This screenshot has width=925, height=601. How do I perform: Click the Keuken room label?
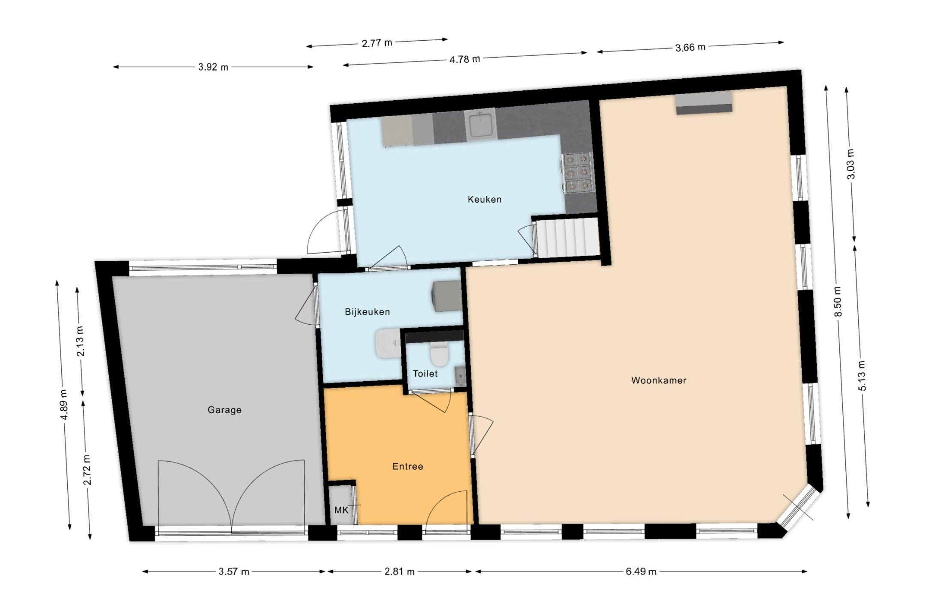484,199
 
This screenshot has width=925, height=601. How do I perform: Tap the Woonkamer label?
659,380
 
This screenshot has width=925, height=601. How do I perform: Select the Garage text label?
224,410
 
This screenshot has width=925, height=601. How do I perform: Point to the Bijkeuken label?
367,312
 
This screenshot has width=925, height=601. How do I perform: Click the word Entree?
408,466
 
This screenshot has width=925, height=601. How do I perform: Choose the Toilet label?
425,374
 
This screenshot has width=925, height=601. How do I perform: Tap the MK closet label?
341,510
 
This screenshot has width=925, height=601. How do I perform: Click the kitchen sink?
480,124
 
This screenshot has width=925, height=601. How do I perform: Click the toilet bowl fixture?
439,353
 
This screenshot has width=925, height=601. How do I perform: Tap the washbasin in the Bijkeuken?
388,344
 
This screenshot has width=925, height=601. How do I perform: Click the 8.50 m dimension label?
838,302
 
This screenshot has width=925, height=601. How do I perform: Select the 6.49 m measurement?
641,571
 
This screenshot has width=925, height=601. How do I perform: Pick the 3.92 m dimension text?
213,67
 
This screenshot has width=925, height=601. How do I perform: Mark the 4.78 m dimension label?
465,59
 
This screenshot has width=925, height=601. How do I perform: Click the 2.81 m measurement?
399,571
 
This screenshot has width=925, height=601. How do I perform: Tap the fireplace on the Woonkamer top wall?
704,102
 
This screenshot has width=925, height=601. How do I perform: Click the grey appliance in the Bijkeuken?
447,296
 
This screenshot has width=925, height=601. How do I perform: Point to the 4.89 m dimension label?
64,405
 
